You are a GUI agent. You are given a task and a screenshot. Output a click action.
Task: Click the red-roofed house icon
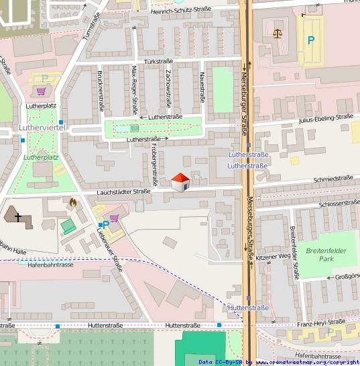point(179,182)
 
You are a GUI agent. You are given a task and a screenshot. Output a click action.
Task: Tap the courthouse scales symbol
point(278,32)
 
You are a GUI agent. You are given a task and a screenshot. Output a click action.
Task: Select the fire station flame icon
point(72,200)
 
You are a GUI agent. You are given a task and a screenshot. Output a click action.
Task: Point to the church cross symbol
point(17,218)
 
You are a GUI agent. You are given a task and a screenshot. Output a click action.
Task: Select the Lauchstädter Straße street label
point(123,191)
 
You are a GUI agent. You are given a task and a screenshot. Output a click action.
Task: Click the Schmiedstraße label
point(333,179)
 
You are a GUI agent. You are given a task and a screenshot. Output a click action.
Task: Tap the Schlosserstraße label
point(339,203)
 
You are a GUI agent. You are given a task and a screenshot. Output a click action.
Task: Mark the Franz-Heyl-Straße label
point(322,322)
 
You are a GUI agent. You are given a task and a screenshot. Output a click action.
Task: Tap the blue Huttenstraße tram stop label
point(248,308)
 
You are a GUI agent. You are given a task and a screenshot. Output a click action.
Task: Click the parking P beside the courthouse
point(310,40)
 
